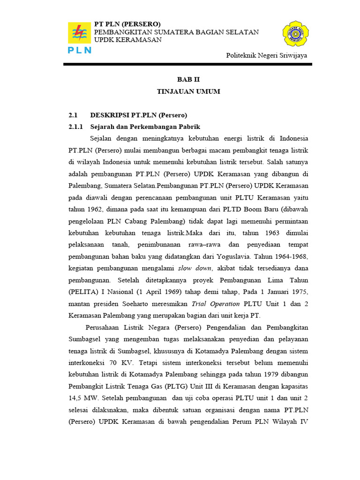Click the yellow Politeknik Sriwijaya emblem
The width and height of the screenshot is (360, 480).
[295, 34]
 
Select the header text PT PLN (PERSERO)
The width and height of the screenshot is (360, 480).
[127, 24]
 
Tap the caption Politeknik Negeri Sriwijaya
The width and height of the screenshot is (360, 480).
[266, 55]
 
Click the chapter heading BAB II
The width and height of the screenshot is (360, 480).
[188, 80]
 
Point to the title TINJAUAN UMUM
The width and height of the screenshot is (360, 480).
[188, 91]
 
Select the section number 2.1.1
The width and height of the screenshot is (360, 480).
[75, 127]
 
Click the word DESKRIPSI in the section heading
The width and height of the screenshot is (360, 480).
[108, 115]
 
